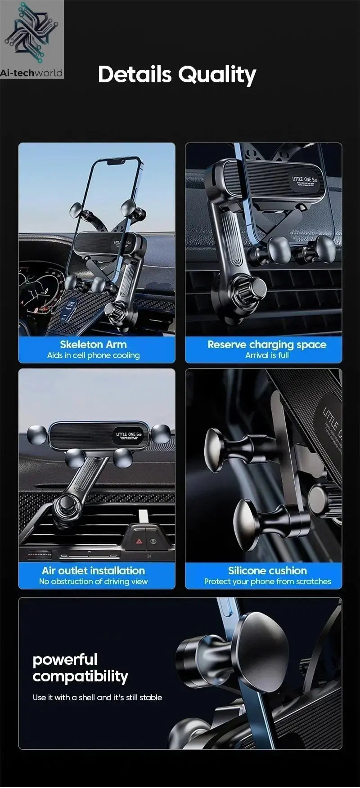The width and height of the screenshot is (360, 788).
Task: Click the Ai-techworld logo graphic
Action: pyautogui.click(x=31, y=33)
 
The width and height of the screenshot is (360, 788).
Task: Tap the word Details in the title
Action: pyautogui.click(x=135, y=74)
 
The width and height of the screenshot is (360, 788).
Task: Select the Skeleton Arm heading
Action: pyautogui.click(x=93, y=345)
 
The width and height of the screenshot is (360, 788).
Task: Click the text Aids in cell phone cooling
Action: pyautogui.click(x=93, y=355)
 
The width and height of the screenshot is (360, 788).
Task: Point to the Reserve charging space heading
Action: pyautogui.click(x=267, y=345)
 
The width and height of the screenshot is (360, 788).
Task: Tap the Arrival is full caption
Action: pyautogui.click(x=267, y=355)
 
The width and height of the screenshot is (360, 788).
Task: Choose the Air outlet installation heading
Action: pyautogui.click(x=93, y=571)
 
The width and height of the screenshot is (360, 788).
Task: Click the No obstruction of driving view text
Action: pyautogui.click(x=93, y=582)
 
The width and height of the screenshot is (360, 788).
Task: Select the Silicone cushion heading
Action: pyautogui.click(x=267, y=571)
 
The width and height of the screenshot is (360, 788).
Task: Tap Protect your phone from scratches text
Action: pyautogui.click(x=267, y=582)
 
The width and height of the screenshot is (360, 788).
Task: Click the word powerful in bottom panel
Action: pyautogui.click(x=65, y=660)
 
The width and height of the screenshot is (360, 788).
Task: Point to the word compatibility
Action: pyautogui.click(x=80, y=676)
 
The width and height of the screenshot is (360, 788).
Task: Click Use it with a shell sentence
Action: pyautogui.click(x=97, y=698)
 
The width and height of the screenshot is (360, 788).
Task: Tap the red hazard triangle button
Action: pyautogui.click(x=139, y=542)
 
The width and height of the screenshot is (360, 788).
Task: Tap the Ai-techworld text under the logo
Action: pyautogui.click(x=31, y=73)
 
